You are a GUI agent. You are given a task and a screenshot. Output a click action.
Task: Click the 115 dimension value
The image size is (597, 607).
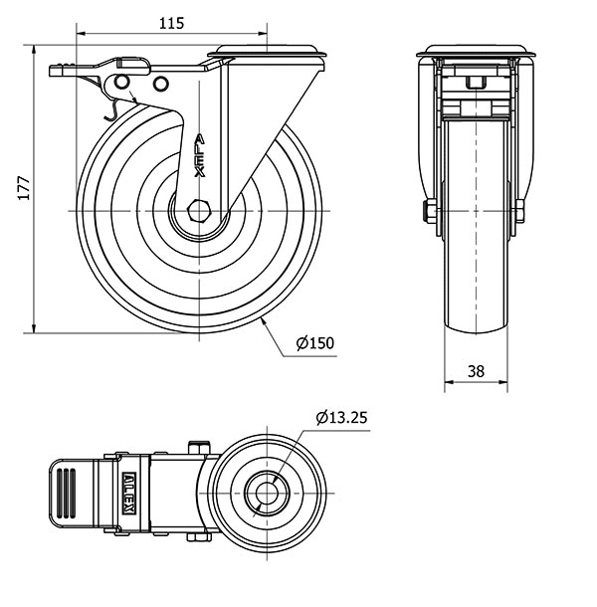pos(171,24)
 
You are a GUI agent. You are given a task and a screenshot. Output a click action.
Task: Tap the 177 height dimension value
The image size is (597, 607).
pos(24,188)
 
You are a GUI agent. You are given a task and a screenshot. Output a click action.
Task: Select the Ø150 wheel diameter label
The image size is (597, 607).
pos(314,343)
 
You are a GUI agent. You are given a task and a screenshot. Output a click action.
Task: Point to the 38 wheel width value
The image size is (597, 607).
pos(476,371)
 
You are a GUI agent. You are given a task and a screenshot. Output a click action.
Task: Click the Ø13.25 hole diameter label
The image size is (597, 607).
pos(341,417)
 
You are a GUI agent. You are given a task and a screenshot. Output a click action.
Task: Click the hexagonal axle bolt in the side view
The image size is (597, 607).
pos(198,211)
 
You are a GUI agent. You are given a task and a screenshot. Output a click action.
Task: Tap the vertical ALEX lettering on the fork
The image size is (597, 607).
pos(200,155)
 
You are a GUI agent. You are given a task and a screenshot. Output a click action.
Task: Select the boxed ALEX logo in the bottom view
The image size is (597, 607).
pos(128,494)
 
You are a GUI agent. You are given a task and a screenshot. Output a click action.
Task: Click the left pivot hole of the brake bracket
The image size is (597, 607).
pos(122,82)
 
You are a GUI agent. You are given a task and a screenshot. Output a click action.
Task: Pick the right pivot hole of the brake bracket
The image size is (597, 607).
pos(160,84)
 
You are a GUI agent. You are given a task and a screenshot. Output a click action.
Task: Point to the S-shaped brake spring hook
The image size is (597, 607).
pos(111,109)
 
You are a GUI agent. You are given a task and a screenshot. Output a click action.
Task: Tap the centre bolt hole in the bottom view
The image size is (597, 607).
pos(267,493)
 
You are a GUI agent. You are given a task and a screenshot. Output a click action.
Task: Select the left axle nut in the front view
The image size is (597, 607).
pos(431,211)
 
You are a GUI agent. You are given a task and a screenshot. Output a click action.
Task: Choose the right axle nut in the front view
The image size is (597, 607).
pos(520,211)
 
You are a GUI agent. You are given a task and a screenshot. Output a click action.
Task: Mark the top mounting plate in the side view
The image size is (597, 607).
pos(268,53)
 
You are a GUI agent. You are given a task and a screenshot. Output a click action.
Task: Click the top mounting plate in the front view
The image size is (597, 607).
pos(476,52)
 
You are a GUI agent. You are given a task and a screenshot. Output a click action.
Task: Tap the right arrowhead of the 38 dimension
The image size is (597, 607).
pos(502,382)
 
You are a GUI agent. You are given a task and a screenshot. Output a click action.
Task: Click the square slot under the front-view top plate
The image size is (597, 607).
pos(476,83)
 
